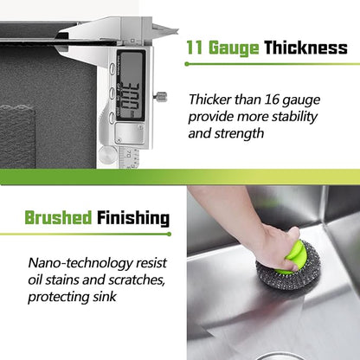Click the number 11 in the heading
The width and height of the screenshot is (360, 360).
(x=195, y=48)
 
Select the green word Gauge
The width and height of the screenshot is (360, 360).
(x=234, y=48)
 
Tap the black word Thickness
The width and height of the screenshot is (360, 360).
(x=305, y=48)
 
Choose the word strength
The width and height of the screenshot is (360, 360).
(x=239, y=133)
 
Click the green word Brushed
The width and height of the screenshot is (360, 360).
(x=58, y=217)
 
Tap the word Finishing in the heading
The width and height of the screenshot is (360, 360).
(x=133, y=218)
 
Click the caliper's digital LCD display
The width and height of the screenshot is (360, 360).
(x=131, y=85)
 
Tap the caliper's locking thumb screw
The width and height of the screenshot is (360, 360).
(x=161, y=97)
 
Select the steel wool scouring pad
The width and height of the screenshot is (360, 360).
(x=288, y=267)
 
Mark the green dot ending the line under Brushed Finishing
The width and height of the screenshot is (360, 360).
(x=169, y=234)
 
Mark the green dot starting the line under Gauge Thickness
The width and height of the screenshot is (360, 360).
(x=187, y=64)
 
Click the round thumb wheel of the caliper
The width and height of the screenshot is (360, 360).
(x=107, y=154)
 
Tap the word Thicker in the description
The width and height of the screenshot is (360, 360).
(x=210, y=100)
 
